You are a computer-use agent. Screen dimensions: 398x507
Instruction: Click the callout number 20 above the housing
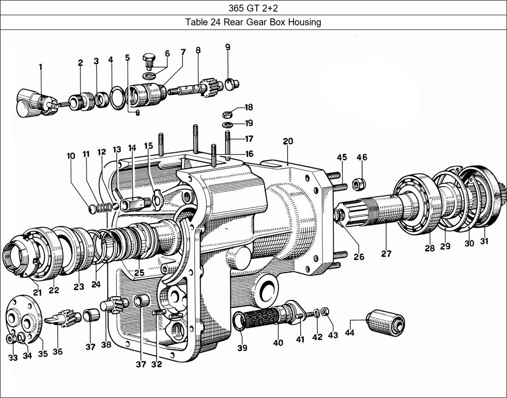pos(288,141)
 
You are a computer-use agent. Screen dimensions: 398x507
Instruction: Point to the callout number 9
pos(228,47)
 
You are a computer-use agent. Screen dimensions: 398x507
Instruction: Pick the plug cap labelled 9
pos(233,84)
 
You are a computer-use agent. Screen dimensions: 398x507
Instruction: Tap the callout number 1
pos(41,67)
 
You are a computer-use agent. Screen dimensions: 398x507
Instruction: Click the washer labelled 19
pos(227,124)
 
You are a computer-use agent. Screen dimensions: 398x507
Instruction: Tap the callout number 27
pos(386,254)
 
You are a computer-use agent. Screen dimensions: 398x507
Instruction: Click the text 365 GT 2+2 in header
pos(253,8)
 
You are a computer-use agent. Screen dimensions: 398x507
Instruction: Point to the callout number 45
pos(342,158)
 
